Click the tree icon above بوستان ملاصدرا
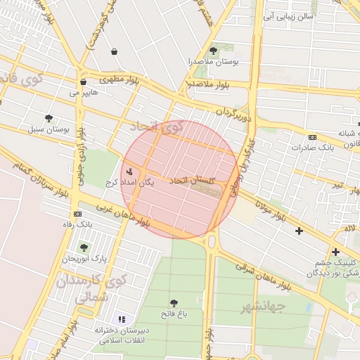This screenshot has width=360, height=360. coord(214,51)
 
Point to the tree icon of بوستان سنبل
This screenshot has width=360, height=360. coord(49,118)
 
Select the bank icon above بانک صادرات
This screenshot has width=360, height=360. coord(312,137)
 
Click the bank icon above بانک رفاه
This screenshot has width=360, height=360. coord(77,214)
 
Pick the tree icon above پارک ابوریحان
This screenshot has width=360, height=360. coord(84,247)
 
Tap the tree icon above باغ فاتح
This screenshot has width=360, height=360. coord(174,302)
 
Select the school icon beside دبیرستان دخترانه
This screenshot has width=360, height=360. coord(122,319)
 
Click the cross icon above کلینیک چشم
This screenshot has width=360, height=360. coord(335,252)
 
